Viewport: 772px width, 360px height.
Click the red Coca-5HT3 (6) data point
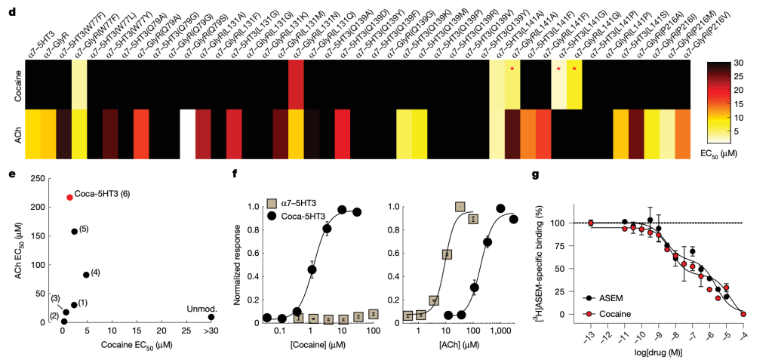pyautogui.click(x=69, y=197)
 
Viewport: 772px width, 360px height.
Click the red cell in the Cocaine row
pyautogui.click(x=296, y=84)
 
